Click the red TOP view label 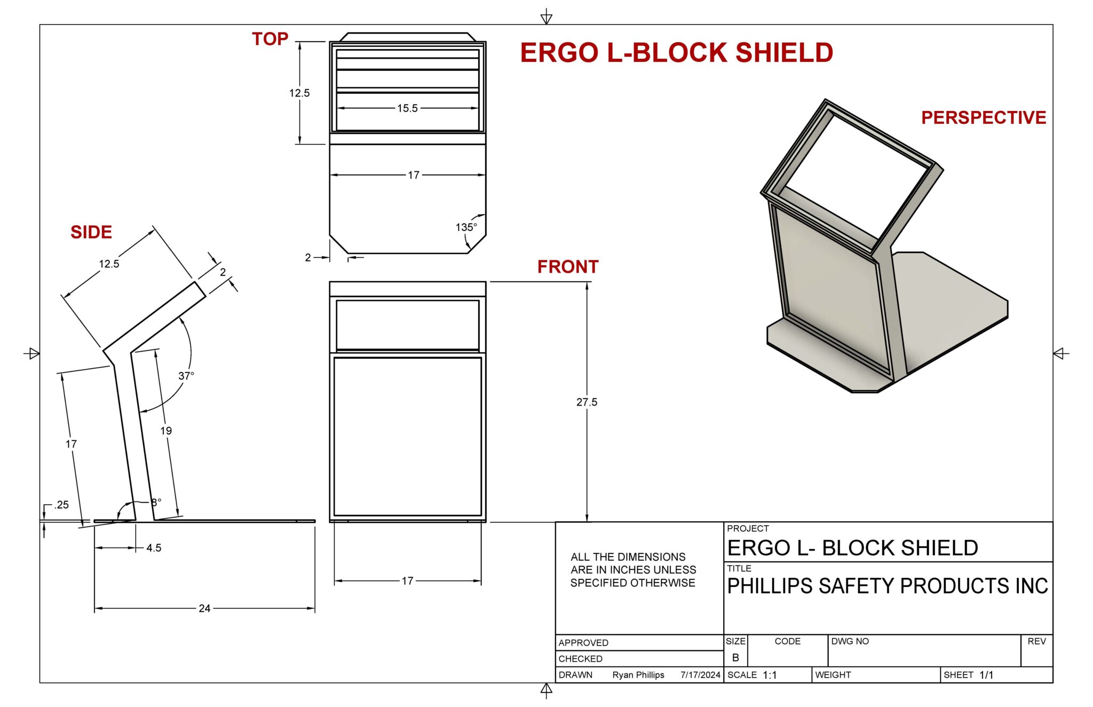pos(270,39)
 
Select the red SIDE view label pos(91,232)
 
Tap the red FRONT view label pos(568,267)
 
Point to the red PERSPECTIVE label pos(983,117)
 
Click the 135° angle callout pos(466,227)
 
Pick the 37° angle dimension pos(186,376)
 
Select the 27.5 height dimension pos(587,402)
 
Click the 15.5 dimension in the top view pos(407,108)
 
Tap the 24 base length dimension pos(204,608)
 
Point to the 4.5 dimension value pos(154,548)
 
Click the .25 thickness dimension pos(61,505)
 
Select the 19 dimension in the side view pos(166,431)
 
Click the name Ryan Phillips pos(638,675)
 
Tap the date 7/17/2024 pos(700,675)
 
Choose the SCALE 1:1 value pos(770,675)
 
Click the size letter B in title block pos(735,658)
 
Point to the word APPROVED pos(583,643)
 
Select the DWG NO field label pos(850,641)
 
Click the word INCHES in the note pos(636,570)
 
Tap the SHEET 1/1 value pos(986,675)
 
